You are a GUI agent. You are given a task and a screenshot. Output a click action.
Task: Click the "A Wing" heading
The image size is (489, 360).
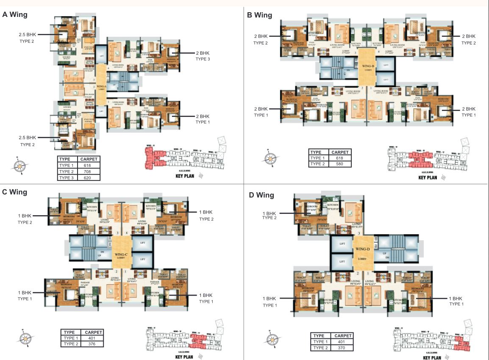tap(15, 14)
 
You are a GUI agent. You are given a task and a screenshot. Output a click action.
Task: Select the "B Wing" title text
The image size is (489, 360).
tap(259, 15)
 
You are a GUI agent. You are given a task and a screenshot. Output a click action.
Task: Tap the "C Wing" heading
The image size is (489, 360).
tap(15, 192)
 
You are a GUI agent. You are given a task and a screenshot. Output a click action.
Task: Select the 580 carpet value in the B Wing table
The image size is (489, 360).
tap(340, 164)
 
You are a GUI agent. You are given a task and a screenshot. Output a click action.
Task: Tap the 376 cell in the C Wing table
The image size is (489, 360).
tap(93, 344)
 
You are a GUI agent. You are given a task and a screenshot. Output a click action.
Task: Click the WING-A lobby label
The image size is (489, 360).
tap(101, 88)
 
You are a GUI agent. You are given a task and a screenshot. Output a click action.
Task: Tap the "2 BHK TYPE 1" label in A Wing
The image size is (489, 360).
tap(203, 119)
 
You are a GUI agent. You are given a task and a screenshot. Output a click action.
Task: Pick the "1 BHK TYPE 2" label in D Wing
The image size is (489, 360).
tap(270, 216)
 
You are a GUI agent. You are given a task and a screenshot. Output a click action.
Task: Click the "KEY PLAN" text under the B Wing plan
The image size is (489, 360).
tap(428, 177)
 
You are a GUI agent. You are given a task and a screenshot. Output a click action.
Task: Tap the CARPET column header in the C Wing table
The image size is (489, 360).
tap(93, 332)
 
